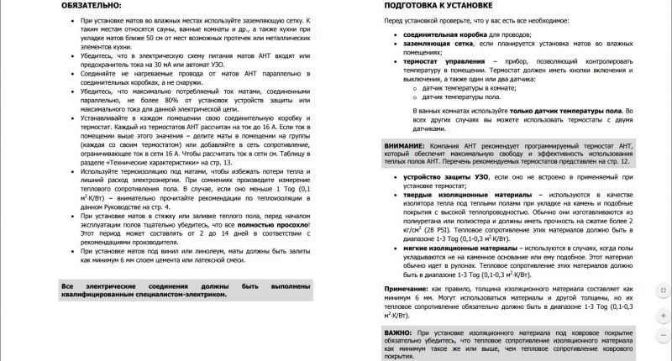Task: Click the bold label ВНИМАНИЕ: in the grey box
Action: tap(403, 146)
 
